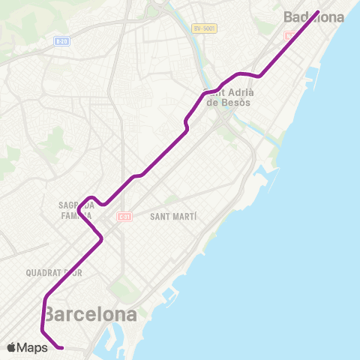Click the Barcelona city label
[x=91, y=314]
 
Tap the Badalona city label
[x=313, y=17]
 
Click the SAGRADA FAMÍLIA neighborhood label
[x=75, y=208]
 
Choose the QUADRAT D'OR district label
[x=53, y=273]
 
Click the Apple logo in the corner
[x=12, y=347]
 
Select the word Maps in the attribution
[x=34, y=347]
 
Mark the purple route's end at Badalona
[x=318, y=11]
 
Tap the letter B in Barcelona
[x=51, y=314]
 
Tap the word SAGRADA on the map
[x=75, y=203]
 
